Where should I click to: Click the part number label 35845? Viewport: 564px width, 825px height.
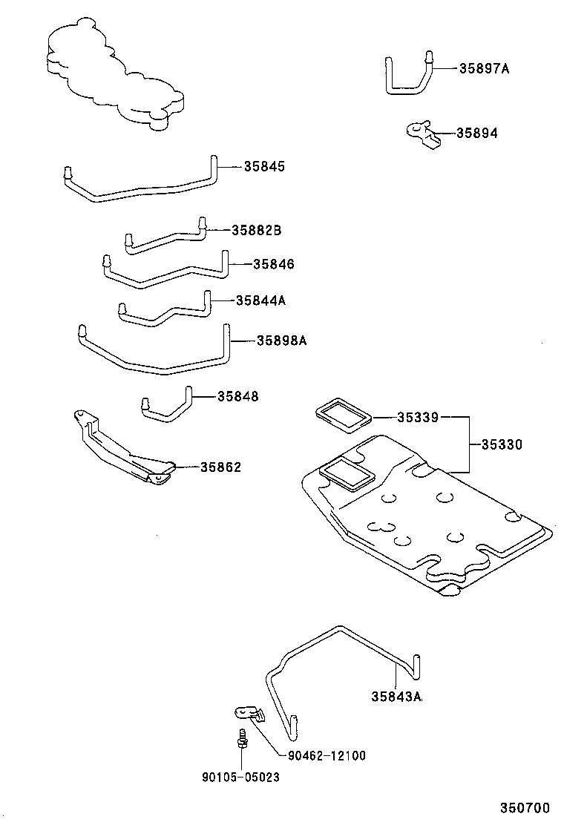[x=264, y=167]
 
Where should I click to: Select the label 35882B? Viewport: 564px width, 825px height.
[x=256, y=230]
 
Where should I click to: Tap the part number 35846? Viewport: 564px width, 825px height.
[x=273, y=263]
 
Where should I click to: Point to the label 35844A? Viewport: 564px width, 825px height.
[x=260, y=300]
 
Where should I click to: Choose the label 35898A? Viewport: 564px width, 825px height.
[x=281, y=341]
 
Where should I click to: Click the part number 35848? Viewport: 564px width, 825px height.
[x=238, y=397]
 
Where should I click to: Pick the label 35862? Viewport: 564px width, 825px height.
[x=220, y=467]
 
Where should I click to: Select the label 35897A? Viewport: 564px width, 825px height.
[x=484, y=68]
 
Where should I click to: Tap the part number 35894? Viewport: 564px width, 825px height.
[x=476, y=134]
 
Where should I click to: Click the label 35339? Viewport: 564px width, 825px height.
[x=417, y=418]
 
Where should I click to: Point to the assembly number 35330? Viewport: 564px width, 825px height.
[x=502, y=445]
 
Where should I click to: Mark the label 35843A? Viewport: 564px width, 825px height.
[x=396, y=697]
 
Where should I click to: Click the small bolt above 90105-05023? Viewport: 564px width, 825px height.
[x=241, y=738]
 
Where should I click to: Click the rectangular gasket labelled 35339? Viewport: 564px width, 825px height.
[x=342, y=416]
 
